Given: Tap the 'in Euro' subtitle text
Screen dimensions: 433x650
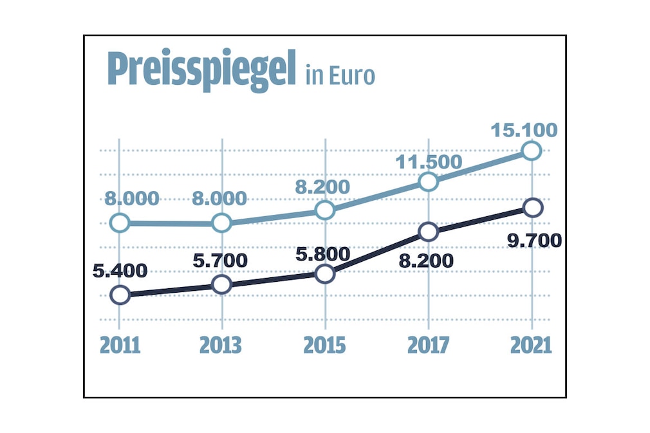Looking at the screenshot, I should [x=340, y=75].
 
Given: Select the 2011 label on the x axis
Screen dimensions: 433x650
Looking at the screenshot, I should [x=120, y=345].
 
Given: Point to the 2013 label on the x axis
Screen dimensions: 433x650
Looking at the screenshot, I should [x=221, y=345].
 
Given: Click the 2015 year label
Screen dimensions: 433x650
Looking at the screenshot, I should [x=325, y=345].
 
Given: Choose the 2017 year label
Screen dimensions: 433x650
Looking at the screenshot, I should [x=429, y=345].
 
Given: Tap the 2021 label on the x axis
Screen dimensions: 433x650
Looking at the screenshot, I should [x=531, y=345].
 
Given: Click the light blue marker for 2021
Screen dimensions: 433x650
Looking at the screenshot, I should [x=532, y=151].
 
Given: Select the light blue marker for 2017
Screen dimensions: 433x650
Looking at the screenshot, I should [x=429, y=181].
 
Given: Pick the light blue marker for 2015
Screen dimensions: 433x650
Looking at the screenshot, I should [x=326, y=210].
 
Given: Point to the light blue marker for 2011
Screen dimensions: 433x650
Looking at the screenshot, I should [x=120, y=223].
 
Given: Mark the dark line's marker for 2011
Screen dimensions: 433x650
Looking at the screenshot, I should [x=120, y=295].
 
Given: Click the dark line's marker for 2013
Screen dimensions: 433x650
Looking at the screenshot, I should [x=221, y=284].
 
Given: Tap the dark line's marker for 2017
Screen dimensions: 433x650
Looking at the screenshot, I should [x=429, y=232].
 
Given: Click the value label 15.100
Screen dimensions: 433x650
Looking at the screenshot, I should [x=524, y=131].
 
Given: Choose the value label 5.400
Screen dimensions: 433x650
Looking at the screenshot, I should [x=120, y=271].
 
